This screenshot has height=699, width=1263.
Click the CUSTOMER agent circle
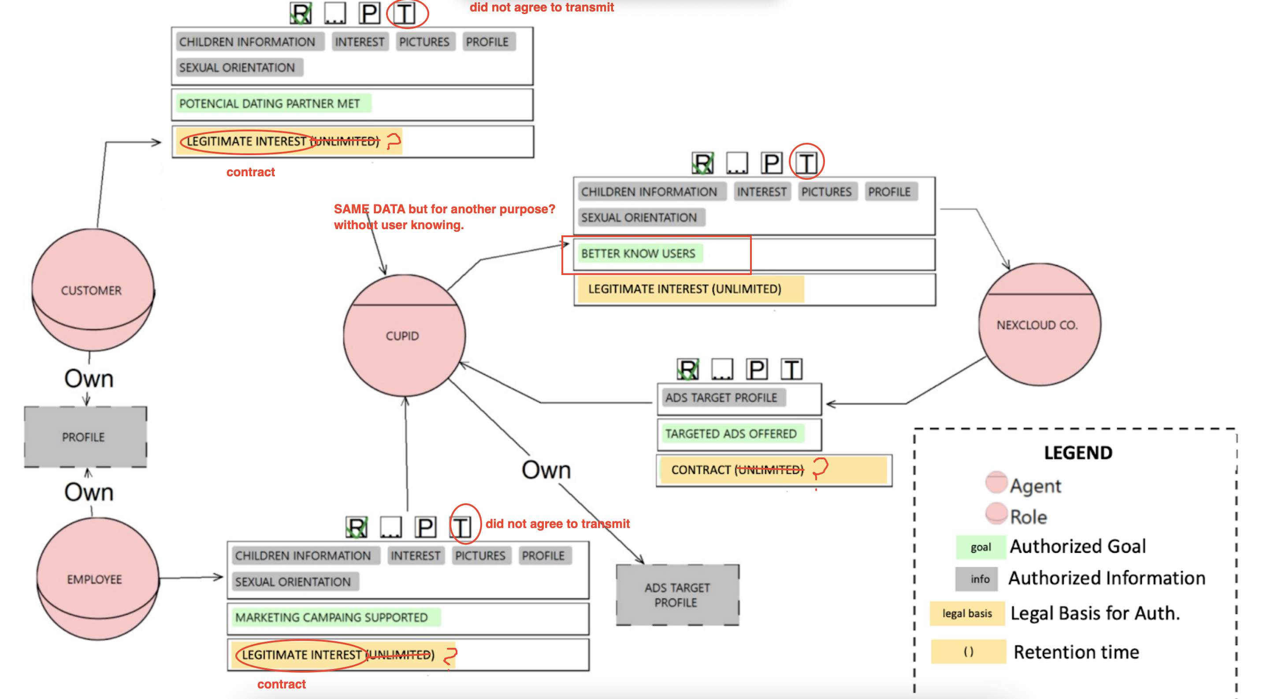click(x=92, y=290)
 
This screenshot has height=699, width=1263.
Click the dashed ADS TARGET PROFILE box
click(x=677, y=595)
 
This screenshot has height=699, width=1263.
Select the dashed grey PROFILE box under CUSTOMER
click(x=85, y=437)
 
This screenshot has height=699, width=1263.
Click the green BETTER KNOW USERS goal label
click(x=639, y=253)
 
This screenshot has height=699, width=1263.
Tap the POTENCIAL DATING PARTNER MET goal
click(x=270, y=104)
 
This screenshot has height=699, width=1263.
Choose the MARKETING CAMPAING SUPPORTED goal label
click(x=332, y=617)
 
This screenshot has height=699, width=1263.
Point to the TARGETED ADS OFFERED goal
click(x=731, y=434)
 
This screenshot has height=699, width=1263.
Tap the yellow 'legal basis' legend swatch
click(x=967, y=613)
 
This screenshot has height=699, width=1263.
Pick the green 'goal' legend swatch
click(x=980, y=547)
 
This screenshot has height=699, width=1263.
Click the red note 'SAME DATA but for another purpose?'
click(x=444, y=209)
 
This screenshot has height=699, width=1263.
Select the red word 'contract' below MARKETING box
click(x=282, y=684)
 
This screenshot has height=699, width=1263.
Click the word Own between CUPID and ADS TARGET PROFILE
click(x=546, y=469)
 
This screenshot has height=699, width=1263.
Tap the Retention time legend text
click(x=1076, y=652)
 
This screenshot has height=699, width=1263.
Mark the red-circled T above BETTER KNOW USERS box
click(x=807, y=163)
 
